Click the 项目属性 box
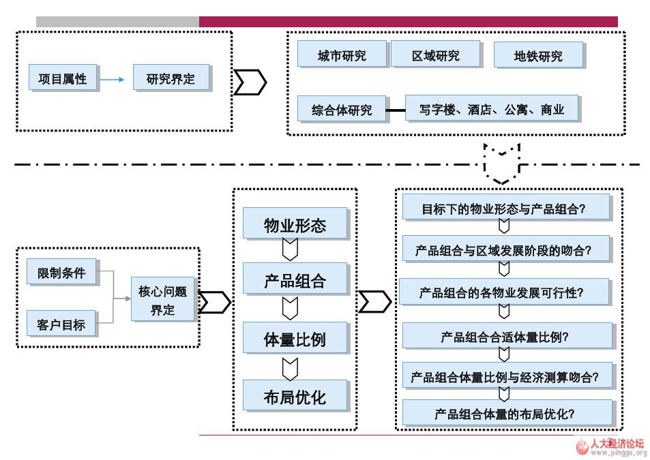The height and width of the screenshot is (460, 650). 63,78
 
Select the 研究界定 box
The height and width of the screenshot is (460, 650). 171,78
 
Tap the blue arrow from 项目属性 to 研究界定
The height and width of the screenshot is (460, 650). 113,80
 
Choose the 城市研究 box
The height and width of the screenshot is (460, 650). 342,55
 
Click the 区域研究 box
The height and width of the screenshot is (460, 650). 435,55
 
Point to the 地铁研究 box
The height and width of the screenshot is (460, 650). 538,56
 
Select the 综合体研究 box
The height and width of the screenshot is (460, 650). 342,109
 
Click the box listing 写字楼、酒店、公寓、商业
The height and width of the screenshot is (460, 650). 492,109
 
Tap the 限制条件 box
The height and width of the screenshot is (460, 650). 61,273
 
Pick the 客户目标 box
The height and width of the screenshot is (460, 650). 61,324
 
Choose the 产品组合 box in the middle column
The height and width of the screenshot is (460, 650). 295,281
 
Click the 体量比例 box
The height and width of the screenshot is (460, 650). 295,339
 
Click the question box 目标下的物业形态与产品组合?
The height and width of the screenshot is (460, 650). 505,209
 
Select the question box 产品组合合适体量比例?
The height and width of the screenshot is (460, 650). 505,336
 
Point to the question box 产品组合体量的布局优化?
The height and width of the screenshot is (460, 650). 505,413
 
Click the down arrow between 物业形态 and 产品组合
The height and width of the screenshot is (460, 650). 291,251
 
